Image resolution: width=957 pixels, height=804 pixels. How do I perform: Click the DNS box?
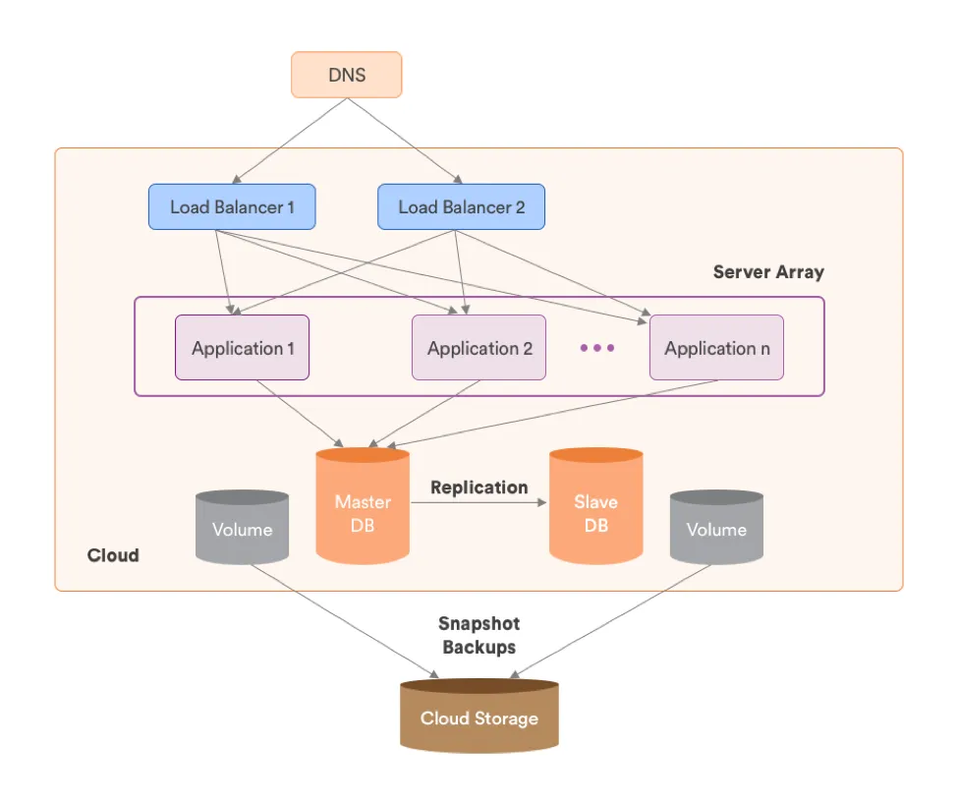pos(346,75)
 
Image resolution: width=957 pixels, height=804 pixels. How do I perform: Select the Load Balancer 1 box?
pos(232,207)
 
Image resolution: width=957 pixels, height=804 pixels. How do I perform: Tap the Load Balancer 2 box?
pos(461,207)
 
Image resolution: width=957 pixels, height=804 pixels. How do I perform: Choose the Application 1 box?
pos(242,348)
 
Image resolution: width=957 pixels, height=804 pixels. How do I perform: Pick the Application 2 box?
pos(478,348)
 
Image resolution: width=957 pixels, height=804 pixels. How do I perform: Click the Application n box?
pos(716,348)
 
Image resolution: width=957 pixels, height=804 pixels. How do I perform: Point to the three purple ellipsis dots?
pos(597,348)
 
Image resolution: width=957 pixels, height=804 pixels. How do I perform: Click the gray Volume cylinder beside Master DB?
pos(242,529)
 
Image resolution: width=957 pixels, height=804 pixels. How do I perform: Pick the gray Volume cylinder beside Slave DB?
pos(716,529)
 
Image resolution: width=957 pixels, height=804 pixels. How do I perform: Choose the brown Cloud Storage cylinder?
pos(478,717)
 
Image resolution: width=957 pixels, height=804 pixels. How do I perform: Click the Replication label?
pos(478,488)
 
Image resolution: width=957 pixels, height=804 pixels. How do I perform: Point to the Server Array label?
pos(768,272)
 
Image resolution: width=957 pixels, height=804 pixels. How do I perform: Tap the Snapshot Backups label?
pos(480,635)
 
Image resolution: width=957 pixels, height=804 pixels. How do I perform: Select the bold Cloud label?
pos(113,555)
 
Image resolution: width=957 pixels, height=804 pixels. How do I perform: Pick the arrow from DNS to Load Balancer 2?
pos(404,141)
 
